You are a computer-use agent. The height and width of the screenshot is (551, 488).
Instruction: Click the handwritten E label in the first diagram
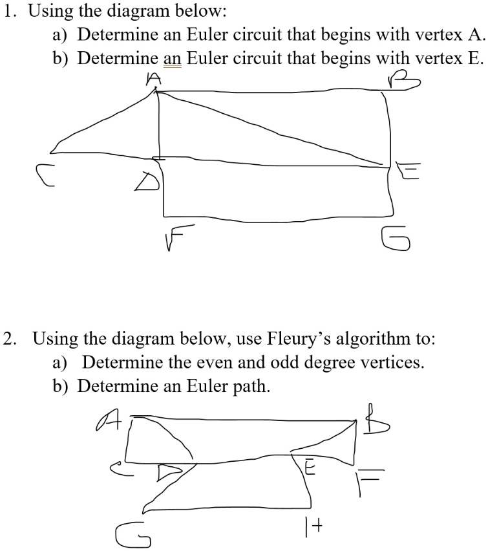(x=410, y=171)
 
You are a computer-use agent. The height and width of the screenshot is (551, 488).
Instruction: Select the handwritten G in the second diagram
(x=131, y=535)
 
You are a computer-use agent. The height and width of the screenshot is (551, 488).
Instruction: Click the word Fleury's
(x=297, y=338)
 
